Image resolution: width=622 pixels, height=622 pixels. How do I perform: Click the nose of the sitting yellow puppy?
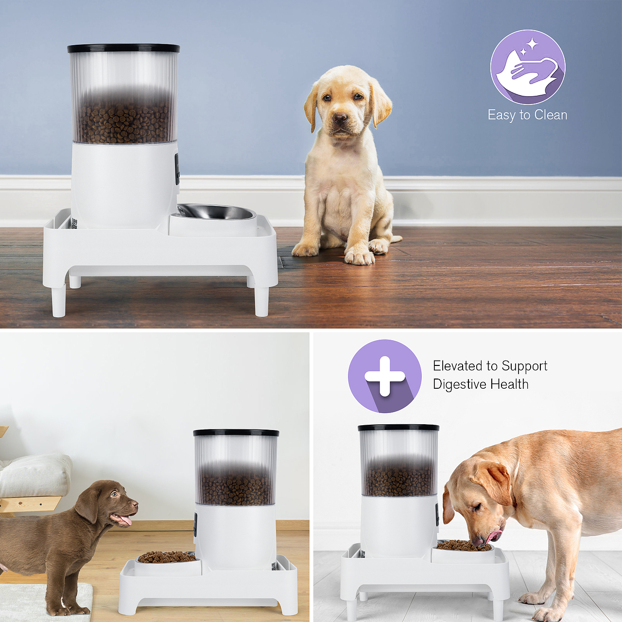340,119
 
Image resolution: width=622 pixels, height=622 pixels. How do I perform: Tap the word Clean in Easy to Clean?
551,115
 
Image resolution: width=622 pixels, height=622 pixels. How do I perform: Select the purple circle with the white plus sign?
384,377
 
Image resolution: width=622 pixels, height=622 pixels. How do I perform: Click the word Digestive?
460,384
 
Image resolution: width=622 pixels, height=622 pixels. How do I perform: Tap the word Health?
509,384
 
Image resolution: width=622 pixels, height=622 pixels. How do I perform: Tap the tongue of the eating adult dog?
494,536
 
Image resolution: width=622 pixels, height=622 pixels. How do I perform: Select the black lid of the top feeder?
123,48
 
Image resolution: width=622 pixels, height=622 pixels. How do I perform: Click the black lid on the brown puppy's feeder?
236,432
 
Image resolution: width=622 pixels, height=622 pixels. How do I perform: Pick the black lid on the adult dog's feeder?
398,428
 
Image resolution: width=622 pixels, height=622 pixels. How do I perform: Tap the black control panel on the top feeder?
177,169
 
